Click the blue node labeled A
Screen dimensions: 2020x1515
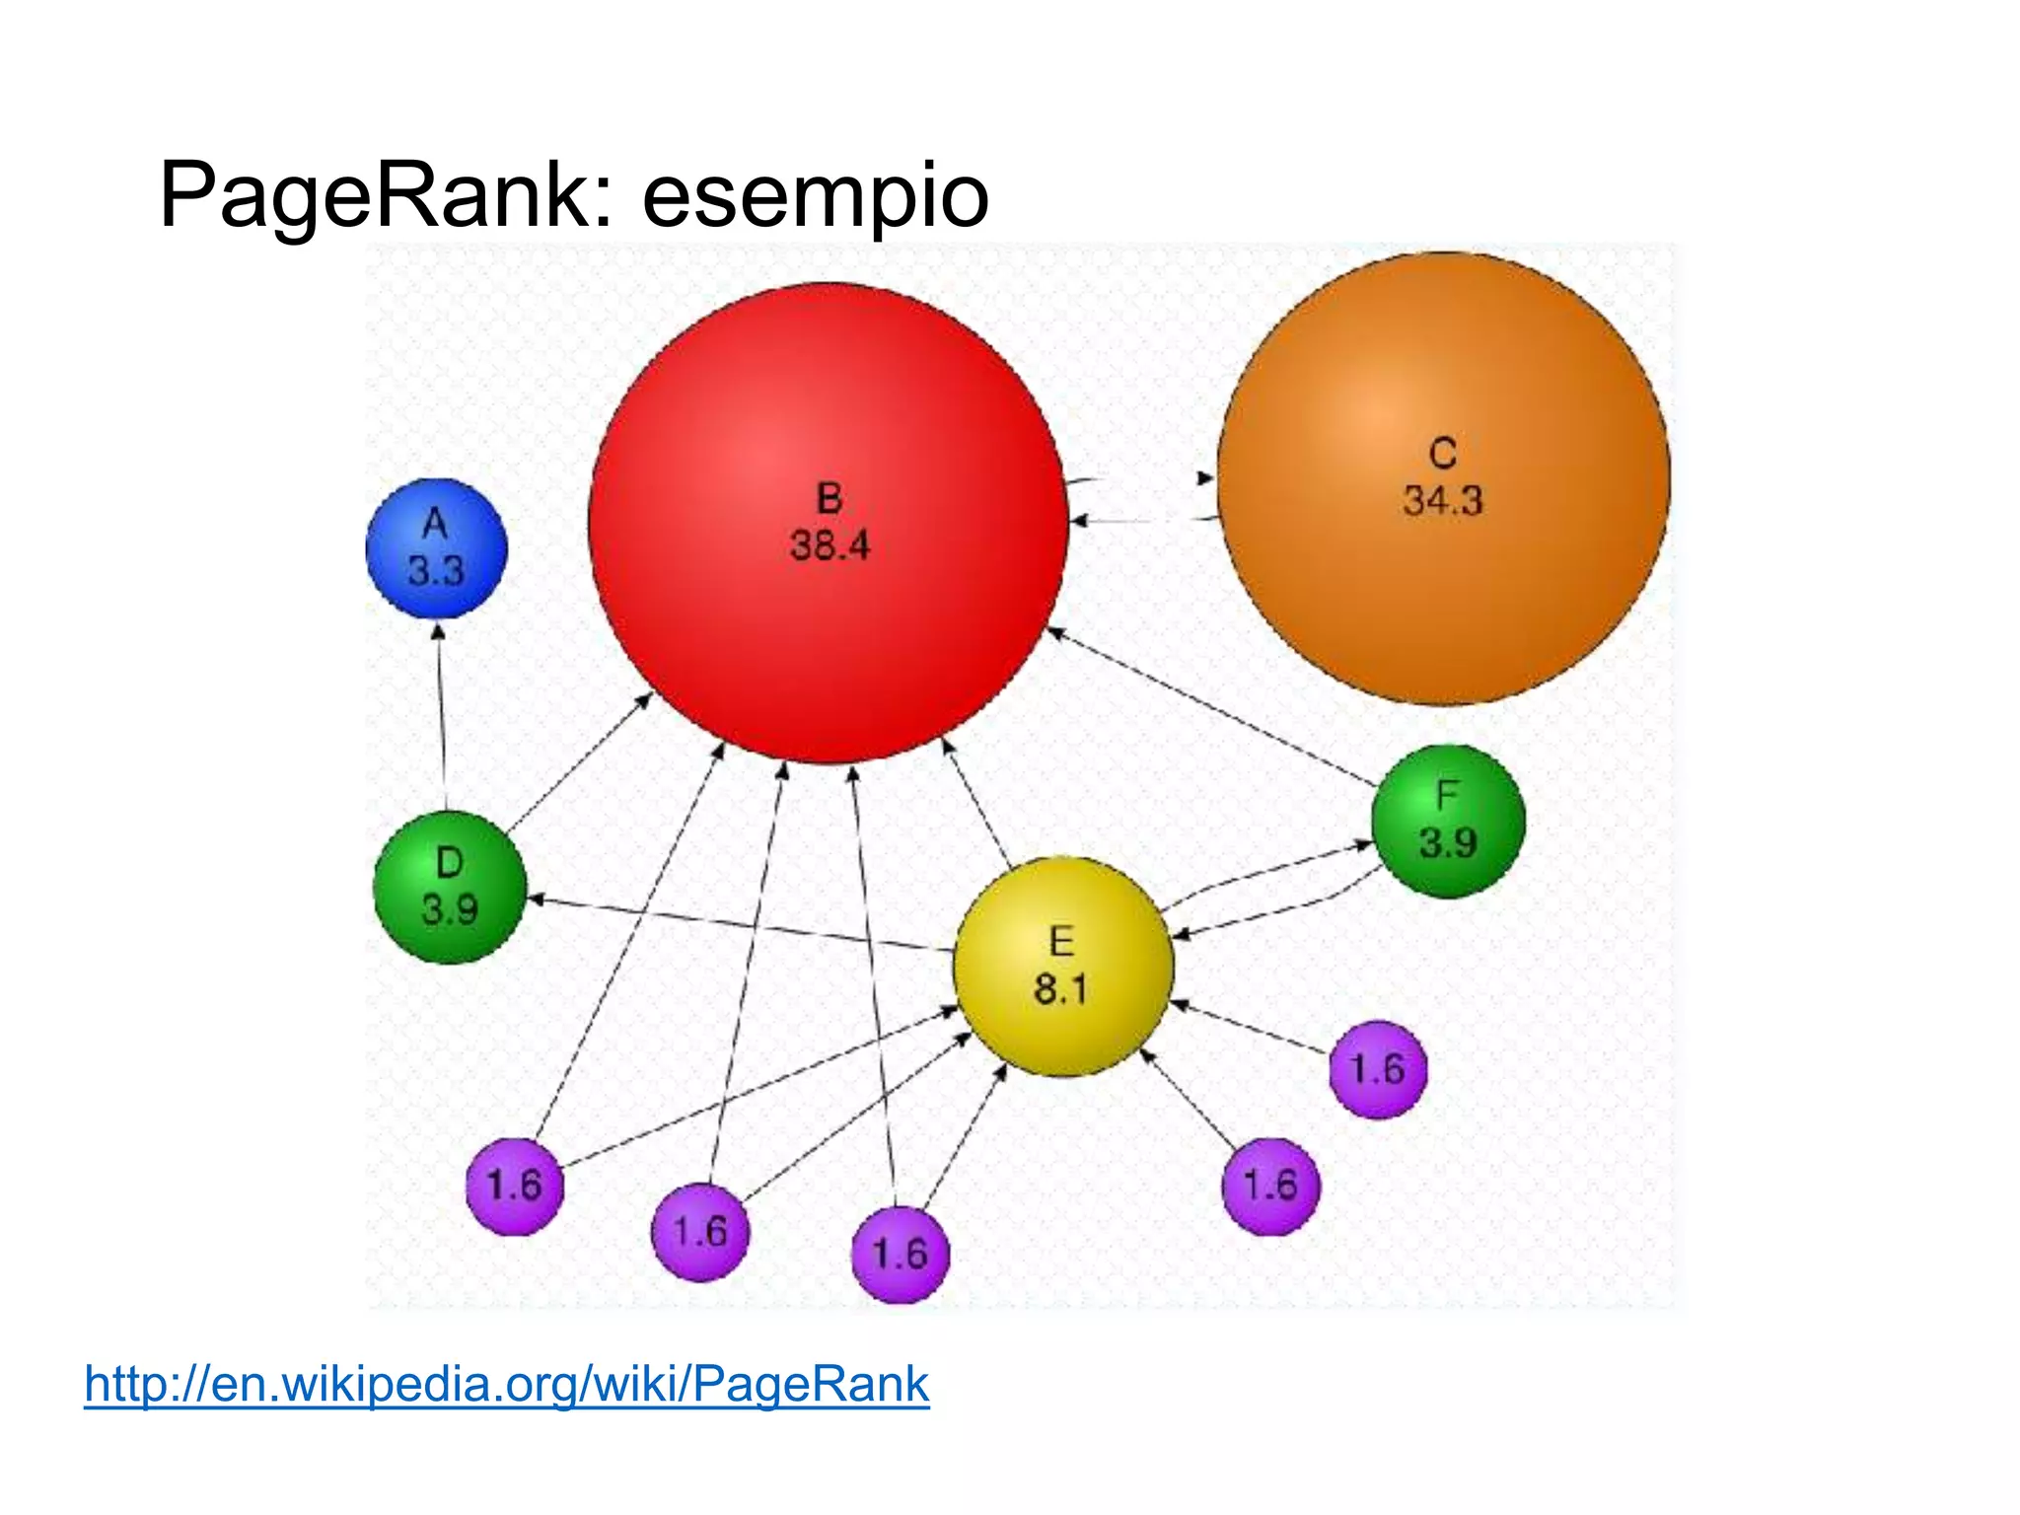tap(436, 548)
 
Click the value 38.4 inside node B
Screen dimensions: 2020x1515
tap(830, 545)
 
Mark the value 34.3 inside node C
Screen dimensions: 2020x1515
tap(1443, 501)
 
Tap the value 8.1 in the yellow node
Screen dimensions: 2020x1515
tap(1061, 988)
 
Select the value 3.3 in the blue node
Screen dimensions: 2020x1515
tap(436, 571)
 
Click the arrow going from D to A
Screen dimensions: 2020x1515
tap(441, 715)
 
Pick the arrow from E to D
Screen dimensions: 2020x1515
tap(740, 925)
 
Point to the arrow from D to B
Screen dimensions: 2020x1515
tap(580, 760)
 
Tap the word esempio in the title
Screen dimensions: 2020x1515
tap(815, 196)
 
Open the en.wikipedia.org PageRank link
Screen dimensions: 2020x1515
tap(507, 1383)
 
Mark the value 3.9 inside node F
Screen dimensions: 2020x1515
tap(1448, 843)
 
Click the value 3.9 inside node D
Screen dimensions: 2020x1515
tap(450, 909)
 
